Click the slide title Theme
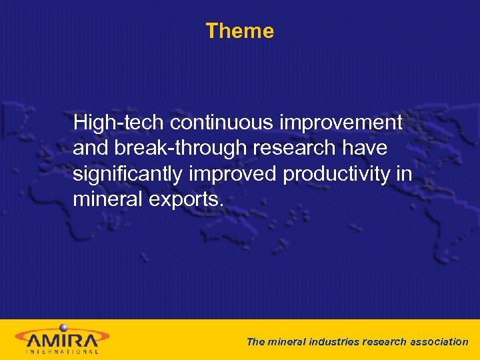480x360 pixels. click(239, 31)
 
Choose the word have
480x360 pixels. click(365, 149)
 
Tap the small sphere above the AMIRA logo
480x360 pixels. click(64, 327)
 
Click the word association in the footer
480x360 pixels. click(439, 342)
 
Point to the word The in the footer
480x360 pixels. click(255, 342)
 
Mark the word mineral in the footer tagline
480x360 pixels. click(285, 342)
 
